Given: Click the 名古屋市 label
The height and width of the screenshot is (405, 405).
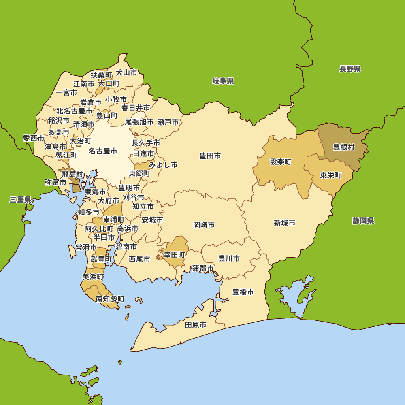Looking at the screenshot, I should pyautogui.click(x=103, y=151).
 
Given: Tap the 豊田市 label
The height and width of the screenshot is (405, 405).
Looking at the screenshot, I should pyautogui.click(x=210, y=156).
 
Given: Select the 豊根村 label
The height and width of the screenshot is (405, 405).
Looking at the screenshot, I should pyautogui.click(x=344, y=147).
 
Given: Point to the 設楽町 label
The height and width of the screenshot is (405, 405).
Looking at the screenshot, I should pyautogui.click(x=281, y=162).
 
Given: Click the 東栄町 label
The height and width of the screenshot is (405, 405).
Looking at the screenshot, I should pyautogui.click(x=330, y=175).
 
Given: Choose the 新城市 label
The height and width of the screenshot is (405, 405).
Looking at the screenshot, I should pyautogui.click(x=284, y=223).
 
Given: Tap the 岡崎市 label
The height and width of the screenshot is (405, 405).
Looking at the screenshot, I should pyautogui.click(x=204, y=225).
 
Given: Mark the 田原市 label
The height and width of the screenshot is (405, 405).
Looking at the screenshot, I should pyautogui.click(x=196, y=325).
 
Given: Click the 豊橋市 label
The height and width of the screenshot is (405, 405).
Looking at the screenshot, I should pyautogui.click(x=243, y=292).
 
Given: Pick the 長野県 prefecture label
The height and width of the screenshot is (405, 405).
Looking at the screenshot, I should pyautogui.click(x=350, y=69).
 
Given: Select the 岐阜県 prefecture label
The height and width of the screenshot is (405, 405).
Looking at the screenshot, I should pyautogui.click(x=223, y=81).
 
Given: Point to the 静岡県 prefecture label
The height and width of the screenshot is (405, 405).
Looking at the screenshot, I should pyautogui.click(x=363, y=221).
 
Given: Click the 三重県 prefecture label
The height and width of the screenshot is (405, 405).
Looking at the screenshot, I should pyautogui.click(x=20, y=199).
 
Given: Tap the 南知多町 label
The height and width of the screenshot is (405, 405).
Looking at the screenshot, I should pyautogui.click(x=110, y=299).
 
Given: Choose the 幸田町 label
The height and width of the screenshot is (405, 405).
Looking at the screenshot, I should pyautogui.click(x=175, y=255).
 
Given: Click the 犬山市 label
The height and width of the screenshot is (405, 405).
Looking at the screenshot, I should pyautogui.click(x=126, y=72).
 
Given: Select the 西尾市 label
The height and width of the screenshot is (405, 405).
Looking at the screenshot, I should pyautogui.click(x=140, y=259).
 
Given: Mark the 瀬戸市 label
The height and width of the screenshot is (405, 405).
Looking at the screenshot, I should pyautogui.click(x=168, y=122).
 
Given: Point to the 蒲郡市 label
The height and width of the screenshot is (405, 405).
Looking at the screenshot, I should pyautogui.click(x=203, y=268).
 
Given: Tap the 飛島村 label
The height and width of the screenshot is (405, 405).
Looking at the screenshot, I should pyautogui.click(x=72, y=174).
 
